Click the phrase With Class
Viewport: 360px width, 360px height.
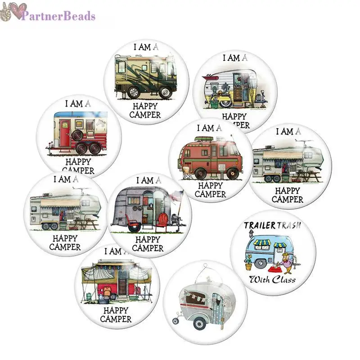pyautogui.click(x=273, y=279)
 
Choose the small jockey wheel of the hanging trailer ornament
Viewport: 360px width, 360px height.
pyautogui.click(x=175, y=321)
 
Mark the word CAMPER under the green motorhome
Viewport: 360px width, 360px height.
pyautogui.click(x=145, y=115)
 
